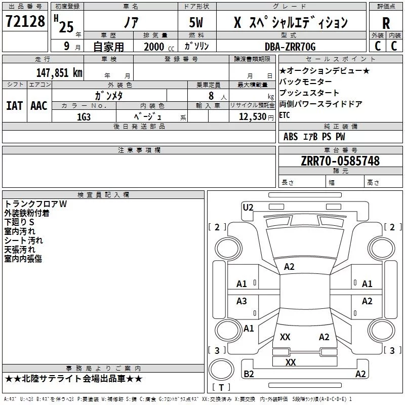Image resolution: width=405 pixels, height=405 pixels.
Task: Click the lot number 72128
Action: [25, 21]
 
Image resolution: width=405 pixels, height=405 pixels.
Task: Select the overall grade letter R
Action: [386, 23]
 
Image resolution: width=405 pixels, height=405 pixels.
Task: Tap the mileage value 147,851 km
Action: [59, 73]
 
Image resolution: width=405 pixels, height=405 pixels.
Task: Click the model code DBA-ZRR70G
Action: [290, 47]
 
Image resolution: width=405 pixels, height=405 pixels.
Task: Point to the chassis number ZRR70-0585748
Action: [340, 161]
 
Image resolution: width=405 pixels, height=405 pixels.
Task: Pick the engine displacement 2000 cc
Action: [159, 47]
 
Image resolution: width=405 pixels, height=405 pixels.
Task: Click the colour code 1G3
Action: [84, 117]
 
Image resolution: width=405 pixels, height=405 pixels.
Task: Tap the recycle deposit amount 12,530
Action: [252, 117]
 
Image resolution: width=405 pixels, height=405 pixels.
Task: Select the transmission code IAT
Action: [14, 106]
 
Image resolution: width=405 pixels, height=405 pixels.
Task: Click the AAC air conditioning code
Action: [39, 106]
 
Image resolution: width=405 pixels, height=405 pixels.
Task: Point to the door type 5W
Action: [196, 22]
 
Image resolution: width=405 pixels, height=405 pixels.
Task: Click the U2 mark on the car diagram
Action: [248, 208]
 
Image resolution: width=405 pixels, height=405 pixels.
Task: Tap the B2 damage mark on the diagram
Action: [249, 374]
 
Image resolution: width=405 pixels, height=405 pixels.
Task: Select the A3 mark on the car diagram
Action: [241, 301]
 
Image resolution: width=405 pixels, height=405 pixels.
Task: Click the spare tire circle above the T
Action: [221, 370]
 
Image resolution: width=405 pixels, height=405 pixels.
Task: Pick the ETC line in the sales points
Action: [285, 115]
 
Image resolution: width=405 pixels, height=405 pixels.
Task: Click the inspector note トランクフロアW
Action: [35, 204]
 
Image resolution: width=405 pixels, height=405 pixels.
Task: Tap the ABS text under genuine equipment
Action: [291, 137]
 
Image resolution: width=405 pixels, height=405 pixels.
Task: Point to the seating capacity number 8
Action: [211, 96]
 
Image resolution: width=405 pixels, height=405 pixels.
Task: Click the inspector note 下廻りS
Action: [19, 222]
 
